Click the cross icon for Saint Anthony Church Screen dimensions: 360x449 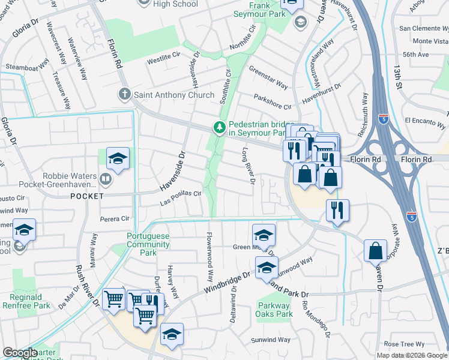click(125, 94)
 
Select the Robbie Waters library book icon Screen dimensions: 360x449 click(106, 178)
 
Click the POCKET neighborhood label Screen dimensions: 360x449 click(87, 196)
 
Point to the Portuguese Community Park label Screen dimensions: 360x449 click(148, 241)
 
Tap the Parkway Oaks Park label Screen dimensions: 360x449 click(275, 310)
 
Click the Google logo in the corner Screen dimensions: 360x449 click(20, 353)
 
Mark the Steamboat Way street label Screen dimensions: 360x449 click(26, 67)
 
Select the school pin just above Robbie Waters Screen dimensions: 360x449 click(118, 158)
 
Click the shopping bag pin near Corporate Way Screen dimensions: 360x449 click(375, 250)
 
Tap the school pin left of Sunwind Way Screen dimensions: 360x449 click(172, 334)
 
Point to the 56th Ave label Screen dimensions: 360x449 click(415, 54)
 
